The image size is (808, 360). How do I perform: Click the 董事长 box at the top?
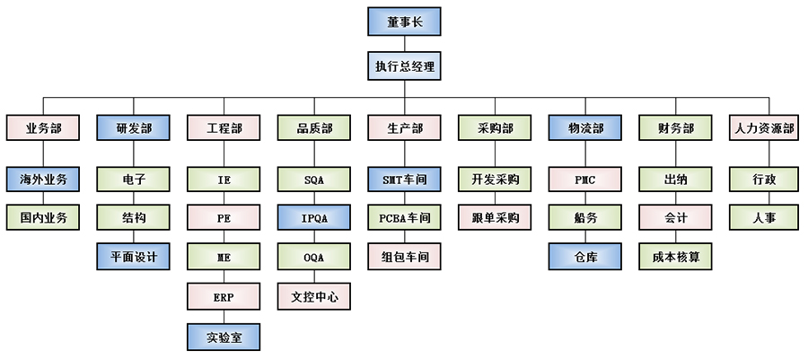(x=404, y=22)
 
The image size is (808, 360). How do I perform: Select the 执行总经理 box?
(x=404, y=66)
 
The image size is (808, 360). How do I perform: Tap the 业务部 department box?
(x=43, y=128)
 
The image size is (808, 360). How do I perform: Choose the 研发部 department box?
(x=134, y=128)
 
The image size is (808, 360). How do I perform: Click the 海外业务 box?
(x=43, y=180)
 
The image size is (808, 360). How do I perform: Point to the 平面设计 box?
(x=134, y=257)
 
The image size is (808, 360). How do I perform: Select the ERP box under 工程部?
(x=224, y=296)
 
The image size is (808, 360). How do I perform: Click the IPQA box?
(x=314, y=218)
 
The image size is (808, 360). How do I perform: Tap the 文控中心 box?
(x=314, y=296)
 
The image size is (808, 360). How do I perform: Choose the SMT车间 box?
(x=404, y=180)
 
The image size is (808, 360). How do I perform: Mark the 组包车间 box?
(x=404, y=257)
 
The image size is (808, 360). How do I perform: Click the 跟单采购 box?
(x=495, y=218)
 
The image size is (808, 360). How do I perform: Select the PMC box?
(x=584, y=180)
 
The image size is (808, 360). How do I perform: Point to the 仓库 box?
(x=584, y=257)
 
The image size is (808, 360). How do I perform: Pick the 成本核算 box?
(x=675, y=257)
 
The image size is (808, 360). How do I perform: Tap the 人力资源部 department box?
(x=764, y=128)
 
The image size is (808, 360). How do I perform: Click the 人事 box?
(x=764, y=218)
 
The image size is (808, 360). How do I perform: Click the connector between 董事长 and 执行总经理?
(x=404, y=44)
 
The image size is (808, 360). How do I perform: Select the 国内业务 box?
(x=43, y=218)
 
